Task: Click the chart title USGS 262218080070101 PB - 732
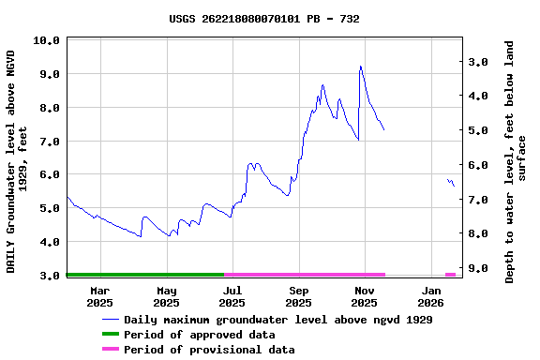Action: [264, 19]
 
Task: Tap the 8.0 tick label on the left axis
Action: [50, 108]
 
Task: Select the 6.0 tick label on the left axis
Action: [50, 174]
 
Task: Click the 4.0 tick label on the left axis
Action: [50, 242]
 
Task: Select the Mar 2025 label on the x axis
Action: [99, 296]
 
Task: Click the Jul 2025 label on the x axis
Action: [232, 296]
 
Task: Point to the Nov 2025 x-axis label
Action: [364, 296]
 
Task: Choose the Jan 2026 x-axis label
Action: [430, 296]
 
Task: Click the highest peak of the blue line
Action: [360, 67]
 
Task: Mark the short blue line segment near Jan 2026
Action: [451, 182]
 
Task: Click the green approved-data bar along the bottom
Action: [145, 275]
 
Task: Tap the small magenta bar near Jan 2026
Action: [451, 275]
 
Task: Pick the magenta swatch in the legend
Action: [111, 350]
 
